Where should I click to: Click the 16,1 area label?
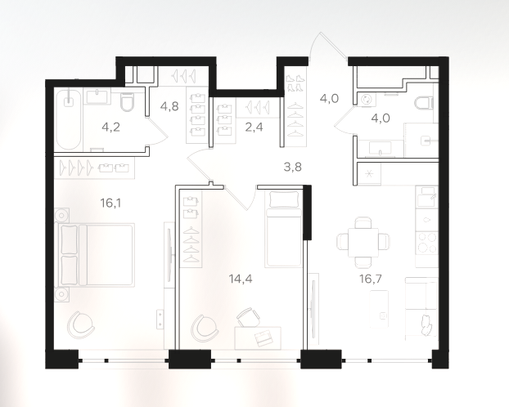[x=110, y=203]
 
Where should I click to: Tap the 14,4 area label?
[x=241, y=279]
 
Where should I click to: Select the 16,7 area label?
[x=371, y=279]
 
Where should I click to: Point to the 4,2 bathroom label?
[x=110, y=127]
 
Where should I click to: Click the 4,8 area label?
[x=169, y=106]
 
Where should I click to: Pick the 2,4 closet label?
[x=254, y=127]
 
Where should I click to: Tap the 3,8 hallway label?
[x=292, y=167]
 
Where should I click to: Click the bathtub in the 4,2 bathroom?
[x=68, y=119]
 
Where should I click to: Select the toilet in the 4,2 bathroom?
[x=128, y=101]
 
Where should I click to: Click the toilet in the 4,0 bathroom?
[x=425, y=102]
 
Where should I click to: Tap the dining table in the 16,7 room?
[x=363, y=242]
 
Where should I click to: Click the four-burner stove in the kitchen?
[x=427, y=243]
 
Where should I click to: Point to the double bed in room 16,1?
[x=95, y=255]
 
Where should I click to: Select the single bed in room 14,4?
[x=282, y=229]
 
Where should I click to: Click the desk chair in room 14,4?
[x=248, y=316]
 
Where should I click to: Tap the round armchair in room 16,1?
[x=80, y=324]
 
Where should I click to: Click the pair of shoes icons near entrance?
[x=295, y=83]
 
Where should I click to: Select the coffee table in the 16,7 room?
[x=379, y=308]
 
